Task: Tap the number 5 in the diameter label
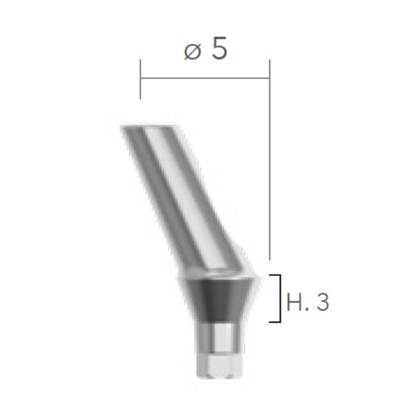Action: [219, 50]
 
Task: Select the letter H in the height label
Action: [295, 303]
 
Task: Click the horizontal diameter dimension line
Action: [204, 76]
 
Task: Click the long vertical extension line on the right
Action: [269, 166]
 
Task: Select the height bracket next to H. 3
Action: [279, 299]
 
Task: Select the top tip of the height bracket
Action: [273, 276]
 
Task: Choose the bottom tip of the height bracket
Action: [273, 322]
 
